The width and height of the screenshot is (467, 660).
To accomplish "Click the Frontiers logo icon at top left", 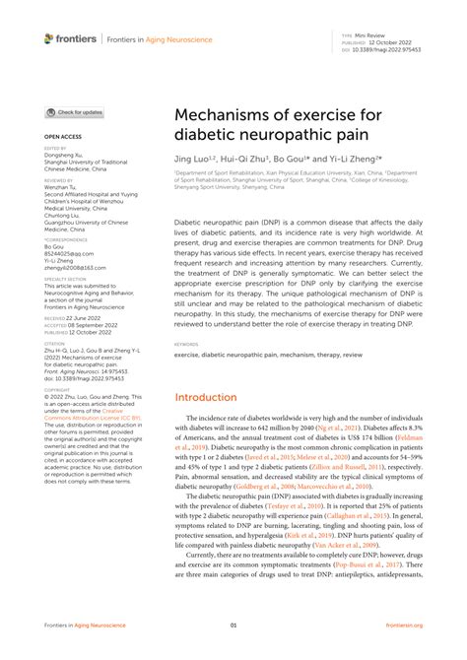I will pos(48,38).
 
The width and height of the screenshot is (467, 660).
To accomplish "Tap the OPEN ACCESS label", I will pos(61,136).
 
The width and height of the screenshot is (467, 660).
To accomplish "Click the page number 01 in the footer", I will pos(233,626).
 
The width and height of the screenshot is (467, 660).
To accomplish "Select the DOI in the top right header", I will pos(390,46).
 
